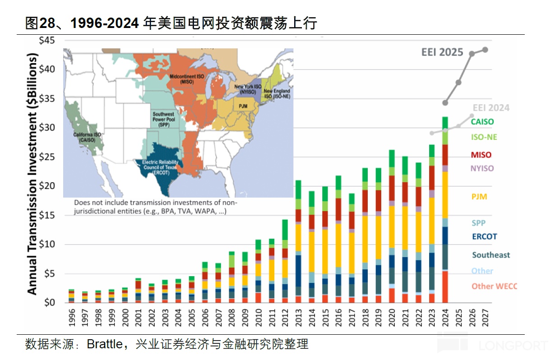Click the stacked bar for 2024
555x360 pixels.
click(x=445, y=210)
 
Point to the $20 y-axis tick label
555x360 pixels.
click(x=47, y=186)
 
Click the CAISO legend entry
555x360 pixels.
click(x=482, y=121)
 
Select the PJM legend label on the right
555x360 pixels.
click(x=479, y=197)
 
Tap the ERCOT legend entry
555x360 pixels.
click(x=484, y=236)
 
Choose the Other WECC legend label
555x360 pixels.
click(x=494, y=286)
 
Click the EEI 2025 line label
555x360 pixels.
click(x=442, y=52)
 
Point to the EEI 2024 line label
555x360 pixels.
click(x=491, y=108)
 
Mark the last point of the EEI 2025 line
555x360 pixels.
click(x=485, y=50)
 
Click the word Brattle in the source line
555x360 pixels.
click(x=104, y=345)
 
